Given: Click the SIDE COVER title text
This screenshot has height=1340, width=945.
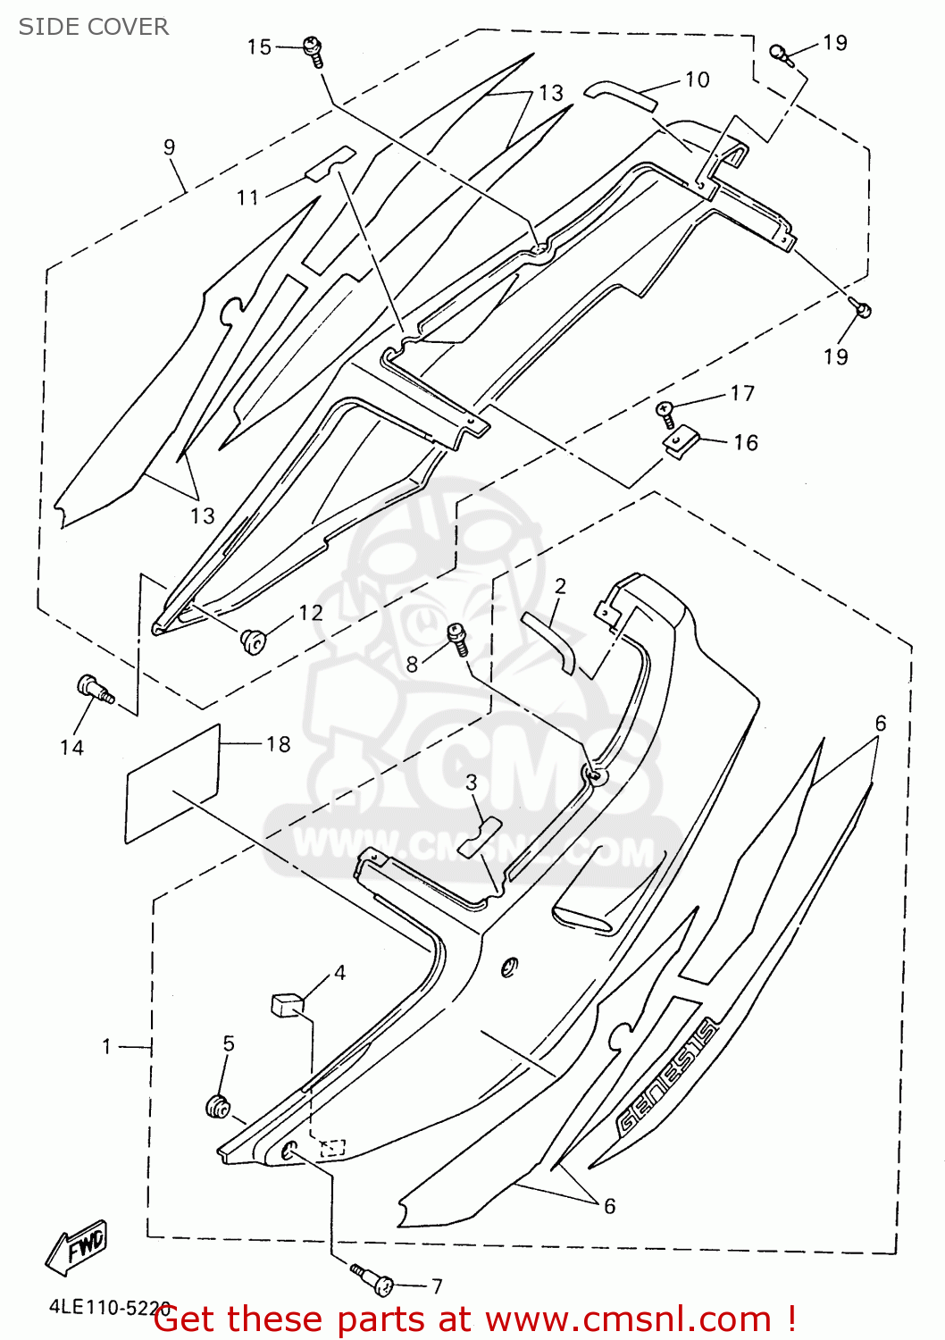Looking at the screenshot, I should pos(94,27).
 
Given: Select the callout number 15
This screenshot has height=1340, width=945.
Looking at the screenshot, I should pos(259,46).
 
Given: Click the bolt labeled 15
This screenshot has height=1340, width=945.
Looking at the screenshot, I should pos(314,49).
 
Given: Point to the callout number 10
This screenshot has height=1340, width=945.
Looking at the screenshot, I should pos(698,80).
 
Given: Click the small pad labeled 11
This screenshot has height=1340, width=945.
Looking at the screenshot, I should pos(330,162).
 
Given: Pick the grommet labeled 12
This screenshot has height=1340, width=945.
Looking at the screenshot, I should pos(253,640).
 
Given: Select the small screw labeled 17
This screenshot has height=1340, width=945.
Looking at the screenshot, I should pos(665,409).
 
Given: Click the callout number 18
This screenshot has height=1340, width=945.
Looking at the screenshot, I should pos(278,744).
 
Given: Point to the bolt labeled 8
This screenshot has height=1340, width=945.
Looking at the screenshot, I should pos(458,638).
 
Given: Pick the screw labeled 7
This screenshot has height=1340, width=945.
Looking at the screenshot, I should pos(374,1279).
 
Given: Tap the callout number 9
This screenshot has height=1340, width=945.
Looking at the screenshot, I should pos(170,147).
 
